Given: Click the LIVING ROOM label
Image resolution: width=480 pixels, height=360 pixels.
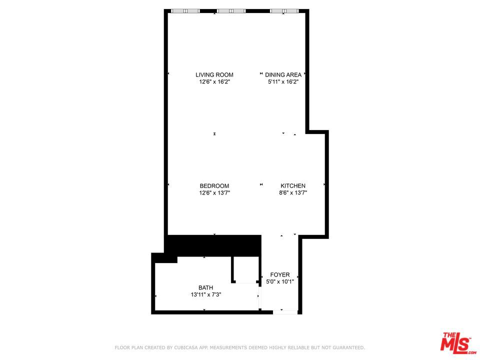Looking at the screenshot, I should [214, 75].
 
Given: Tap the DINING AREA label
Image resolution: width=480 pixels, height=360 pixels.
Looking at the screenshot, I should [283, 75].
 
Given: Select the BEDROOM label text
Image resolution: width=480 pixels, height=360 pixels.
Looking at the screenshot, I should [214, 186].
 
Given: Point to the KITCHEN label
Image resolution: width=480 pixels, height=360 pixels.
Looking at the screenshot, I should [293, 186].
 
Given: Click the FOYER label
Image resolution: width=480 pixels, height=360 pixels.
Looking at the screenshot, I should [280, 274].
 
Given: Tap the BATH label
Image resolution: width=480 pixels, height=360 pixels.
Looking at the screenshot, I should [206, 287].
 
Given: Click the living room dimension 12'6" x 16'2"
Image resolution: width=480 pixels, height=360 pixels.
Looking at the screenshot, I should [214, 81].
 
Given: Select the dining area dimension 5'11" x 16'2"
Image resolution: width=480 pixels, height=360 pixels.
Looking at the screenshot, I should [283, 81].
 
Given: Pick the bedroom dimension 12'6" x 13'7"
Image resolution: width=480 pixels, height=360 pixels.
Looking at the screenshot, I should [214, 192].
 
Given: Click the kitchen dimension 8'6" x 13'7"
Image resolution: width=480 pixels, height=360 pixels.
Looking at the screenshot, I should [293, 192].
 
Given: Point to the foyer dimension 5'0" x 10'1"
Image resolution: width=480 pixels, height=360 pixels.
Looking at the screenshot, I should [280, 281].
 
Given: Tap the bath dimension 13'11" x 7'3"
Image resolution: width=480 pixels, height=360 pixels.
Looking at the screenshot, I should [206, 294].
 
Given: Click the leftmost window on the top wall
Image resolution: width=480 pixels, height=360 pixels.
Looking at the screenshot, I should [185, 10].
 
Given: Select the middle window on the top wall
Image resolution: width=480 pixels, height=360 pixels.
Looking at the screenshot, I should [231, 10].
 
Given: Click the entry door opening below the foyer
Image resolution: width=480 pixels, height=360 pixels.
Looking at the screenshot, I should [285, 312].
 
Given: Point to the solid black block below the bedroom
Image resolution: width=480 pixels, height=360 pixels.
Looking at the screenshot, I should [214, 245].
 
